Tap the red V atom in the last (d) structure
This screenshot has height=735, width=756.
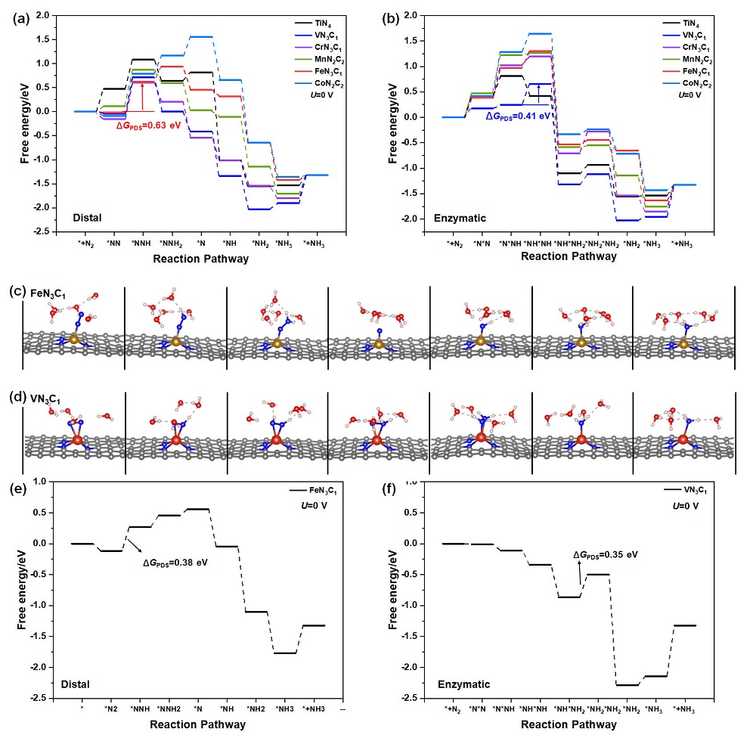(x=683, y=439)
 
